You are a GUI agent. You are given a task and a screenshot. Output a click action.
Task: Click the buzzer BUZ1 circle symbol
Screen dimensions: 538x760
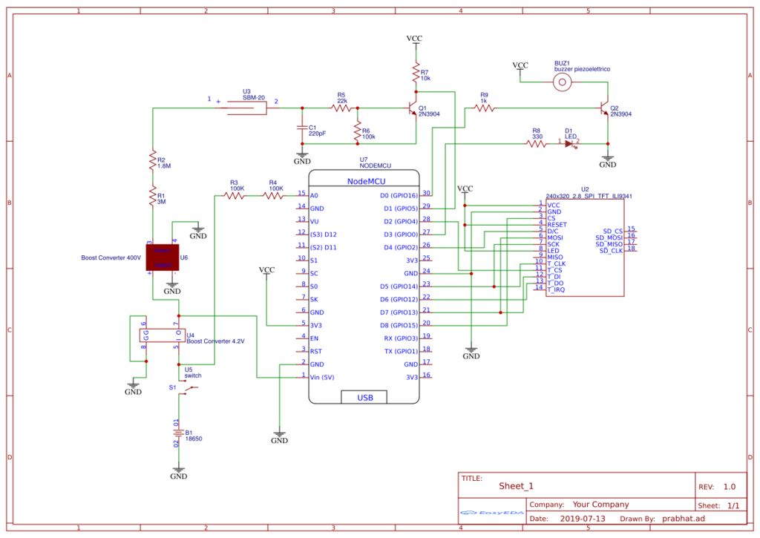(x=564, y=82)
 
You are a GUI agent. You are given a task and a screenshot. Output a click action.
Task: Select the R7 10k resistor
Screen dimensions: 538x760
(x=416, y=73)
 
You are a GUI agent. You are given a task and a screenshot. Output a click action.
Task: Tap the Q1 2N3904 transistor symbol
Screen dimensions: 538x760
(x=413, y=108)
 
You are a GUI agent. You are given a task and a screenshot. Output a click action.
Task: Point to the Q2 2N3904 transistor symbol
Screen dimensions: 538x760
(x=604, y=108)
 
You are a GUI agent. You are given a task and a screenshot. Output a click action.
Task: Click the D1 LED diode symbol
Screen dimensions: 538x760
(x=569, y=143)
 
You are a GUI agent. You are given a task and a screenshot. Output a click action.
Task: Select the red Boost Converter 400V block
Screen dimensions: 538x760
(x=163, y=258)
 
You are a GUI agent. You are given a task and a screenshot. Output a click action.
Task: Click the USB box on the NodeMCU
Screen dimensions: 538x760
(x=365, y=397)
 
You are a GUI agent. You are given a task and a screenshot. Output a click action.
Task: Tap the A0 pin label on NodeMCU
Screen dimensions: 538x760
(x=315, y=196)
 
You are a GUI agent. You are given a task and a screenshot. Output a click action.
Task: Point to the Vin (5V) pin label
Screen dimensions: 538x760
(x=322, y=377)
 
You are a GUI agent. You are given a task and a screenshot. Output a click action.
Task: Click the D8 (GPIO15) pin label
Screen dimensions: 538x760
(x=400, y=324)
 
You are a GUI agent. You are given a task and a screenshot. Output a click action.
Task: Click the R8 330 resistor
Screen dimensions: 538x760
(x=536, y=143)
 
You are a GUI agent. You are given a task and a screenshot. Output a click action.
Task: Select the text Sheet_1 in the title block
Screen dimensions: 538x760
(x=516, y=486)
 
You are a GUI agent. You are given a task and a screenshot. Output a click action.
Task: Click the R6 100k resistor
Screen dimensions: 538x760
(x=357, y=132)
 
